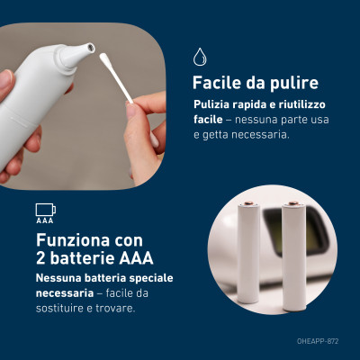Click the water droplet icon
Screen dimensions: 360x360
coord(200,57)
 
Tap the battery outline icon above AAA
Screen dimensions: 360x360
coord(46,210)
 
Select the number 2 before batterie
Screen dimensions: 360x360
coord(41,258)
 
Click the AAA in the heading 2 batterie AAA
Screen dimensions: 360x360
coord(136,258)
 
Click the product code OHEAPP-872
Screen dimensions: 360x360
coord(318,341)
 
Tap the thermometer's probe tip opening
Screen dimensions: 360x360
coord(90,47)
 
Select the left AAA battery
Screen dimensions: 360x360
coord(248,252)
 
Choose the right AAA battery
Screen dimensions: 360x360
coord(294,257)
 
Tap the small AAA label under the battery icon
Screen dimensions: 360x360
coord(45,220)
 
